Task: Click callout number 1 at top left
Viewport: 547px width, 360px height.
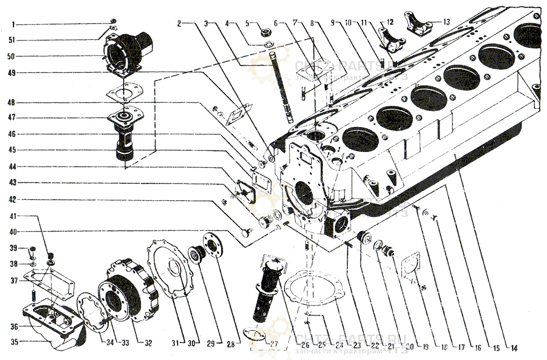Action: [15, 25]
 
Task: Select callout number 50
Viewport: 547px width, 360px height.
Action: [11, 56]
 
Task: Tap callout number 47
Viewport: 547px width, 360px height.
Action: [11, 117]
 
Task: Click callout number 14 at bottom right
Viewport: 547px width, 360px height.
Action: [514, 348]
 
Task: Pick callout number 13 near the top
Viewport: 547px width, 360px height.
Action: [447, 22]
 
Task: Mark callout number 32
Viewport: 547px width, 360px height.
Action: [148, 344]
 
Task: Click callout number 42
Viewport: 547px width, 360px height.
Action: [11, 200]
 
